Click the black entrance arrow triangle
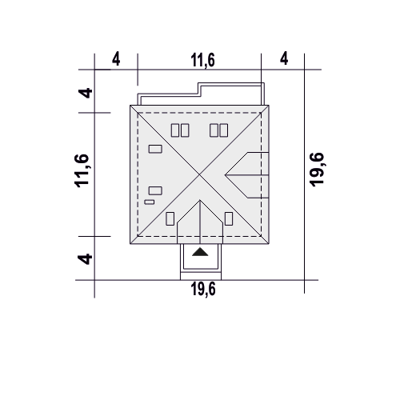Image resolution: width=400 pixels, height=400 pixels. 200,252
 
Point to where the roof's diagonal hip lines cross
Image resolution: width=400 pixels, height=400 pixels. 199,174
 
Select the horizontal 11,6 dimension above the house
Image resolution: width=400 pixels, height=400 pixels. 202,60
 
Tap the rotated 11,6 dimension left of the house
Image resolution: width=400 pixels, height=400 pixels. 82,170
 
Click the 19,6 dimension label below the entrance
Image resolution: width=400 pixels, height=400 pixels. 203,289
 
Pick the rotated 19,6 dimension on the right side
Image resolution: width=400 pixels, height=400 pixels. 317,170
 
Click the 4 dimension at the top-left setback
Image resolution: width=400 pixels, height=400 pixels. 116,59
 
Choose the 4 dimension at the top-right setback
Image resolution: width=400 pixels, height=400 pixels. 284,58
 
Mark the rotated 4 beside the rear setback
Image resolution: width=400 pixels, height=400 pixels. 86,93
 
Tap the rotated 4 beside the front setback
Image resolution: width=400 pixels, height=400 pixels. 85,259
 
